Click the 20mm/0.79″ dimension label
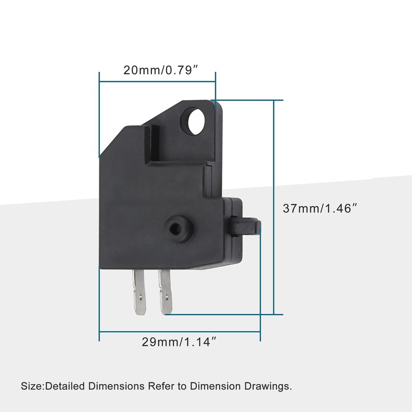pos(160,70)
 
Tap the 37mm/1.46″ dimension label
pos(320,209)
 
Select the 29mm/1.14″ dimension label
pos(179,342)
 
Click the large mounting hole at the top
pos(196,122)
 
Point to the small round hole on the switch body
pos(175,229)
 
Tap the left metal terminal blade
pos(139,292)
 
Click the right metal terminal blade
pos(165,292)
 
